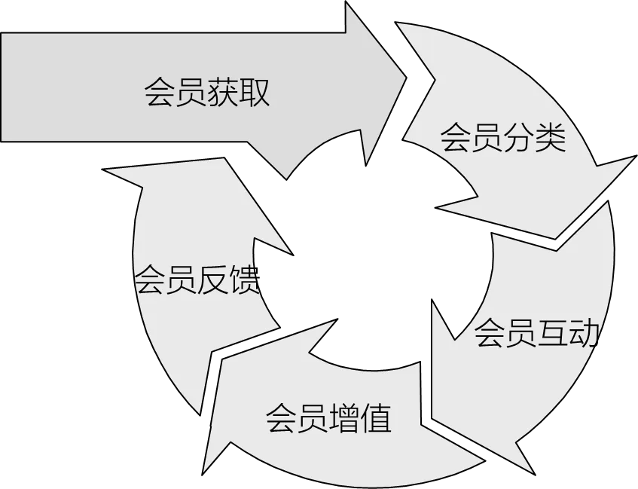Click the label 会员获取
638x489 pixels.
[x=207, y=93]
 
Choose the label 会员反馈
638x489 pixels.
[x=197, y=281]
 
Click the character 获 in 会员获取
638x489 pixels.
[x=223, y=93]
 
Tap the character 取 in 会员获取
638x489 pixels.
[x=255, y=93]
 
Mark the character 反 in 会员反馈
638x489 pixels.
[x=212, y=281]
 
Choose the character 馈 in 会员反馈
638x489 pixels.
[x=243, y=281]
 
